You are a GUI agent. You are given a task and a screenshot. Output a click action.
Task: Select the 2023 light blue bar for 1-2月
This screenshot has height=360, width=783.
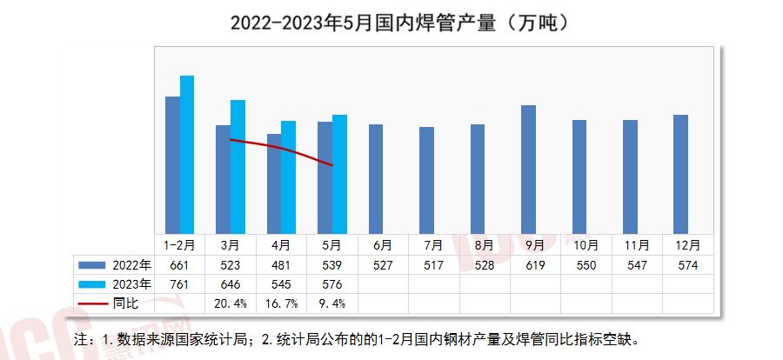[187, 153]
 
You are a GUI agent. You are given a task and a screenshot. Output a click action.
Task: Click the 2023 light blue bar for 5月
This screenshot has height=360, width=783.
[339, 172]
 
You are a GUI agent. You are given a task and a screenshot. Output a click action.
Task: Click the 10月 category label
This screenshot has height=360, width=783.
[585, 245]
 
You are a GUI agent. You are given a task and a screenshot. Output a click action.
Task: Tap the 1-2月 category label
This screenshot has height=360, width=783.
[179, 245]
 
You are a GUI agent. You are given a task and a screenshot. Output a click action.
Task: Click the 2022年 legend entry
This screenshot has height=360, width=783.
[114, 264]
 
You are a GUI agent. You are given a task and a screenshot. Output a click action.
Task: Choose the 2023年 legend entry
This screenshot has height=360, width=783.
[114, 284]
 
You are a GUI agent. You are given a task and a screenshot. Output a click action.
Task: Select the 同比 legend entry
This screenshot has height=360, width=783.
[114, 304]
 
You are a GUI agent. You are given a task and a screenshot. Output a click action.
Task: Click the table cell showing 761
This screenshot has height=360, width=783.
[179, 284]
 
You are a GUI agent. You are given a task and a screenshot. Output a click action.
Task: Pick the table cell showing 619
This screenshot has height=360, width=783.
[535, 264]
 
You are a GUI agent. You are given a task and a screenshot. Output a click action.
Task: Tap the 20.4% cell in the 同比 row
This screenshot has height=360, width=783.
[231, 304]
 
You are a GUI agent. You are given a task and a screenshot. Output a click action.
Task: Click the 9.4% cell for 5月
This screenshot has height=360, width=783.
[332, 304]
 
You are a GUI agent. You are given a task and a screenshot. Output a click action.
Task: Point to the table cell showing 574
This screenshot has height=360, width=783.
[687, 264]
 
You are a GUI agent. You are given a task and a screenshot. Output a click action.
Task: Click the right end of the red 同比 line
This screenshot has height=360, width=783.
[333, 165]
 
